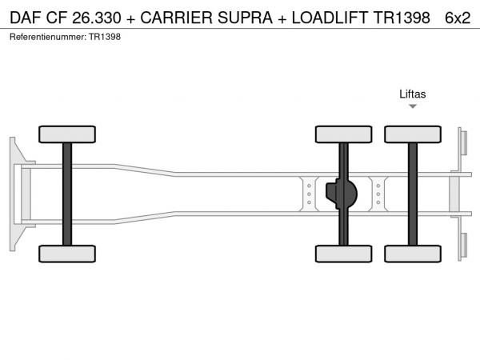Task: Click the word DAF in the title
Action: pos(26,18)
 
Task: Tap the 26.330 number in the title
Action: pos(97,18)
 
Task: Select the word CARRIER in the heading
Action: pos(176,18)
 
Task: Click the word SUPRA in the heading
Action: pos(245,18)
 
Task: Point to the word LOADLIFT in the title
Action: pos(330,18)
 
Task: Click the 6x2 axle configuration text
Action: pos(458,18)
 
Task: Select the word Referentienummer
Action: pos(48,37)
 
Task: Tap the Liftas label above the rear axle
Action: pos(412,94)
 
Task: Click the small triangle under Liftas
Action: pos(413,106)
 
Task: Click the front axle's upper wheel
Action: pos(67,134)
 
